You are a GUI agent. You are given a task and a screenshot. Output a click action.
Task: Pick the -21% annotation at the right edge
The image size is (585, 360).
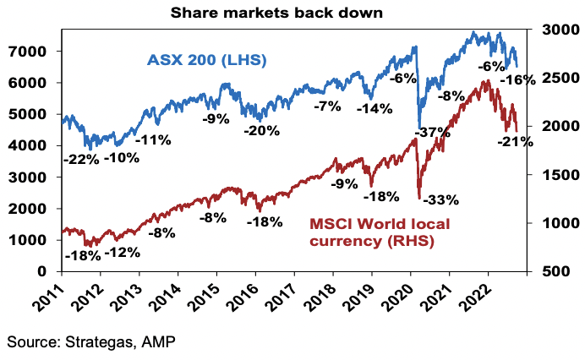tap(516, 142)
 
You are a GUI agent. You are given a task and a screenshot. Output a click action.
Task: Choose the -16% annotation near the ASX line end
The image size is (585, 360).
tap(517, 79)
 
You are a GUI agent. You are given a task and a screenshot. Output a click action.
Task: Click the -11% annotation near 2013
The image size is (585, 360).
tap(155, 139)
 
